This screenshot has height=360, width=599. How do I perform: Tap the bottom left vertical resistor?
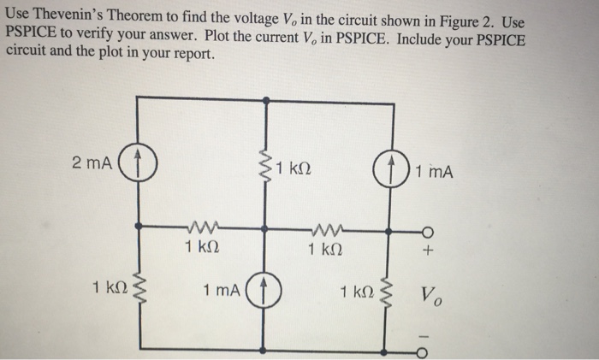point(140,291)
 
